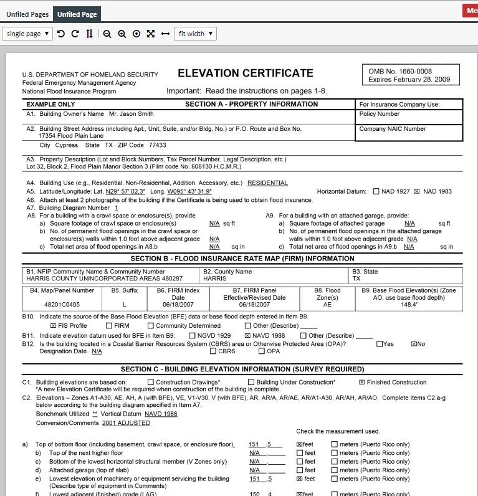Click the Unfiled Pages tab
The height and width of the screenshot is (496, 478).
(27, 14)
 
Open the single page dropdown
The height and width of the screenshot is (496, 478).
(27, 34)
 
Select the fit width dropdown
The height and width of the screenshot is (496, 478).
(195, 34)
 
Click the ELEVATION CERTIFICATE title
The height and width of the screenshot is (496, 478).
(246, 74)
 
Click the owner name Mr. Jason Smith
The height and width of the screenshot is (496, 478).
(131, 114)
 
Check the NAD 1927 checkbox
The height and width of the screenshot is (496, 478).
(376, 191)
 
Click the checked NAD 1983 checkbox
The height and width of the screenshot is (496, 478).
(417, 191)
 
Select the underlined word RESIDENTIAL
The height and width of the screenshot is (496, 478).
(267, 183)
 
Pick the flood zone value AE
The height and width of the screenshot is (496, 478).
(327, 305)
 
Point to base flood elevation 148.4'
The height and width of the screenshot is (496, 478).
(409, 305)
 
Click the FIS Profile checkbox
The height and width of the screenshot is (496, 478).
(53, 326)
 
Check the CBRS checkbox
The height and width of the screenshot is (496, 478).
(214, 351)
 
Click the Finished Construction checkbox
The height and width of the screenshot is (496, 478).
(362, 382)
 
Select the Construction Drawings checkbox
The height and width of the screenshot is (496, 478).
(151, 382)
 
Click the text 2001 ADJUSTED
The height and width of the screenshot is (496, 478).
(126, 423)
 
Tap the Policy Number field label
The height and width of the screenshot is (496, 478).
(380, 114)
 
